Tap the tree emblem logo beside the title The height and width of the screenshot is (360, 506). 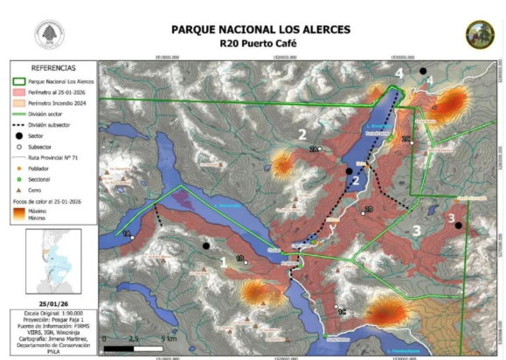49,34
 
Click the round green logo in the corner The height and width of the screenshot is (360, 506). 478,35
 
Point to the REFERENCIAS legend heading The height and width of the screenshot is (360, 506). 52,67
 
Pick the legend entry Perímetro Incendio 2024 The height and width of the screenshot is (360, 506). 63,102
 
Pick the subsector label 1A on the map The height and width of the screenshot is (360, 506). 126,233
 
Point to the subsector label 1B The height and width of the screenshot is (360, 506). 239,259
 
